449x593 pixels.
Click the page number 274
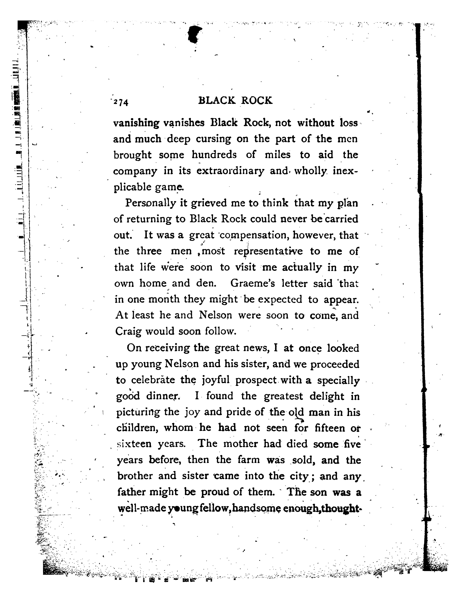pos(121,102)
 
